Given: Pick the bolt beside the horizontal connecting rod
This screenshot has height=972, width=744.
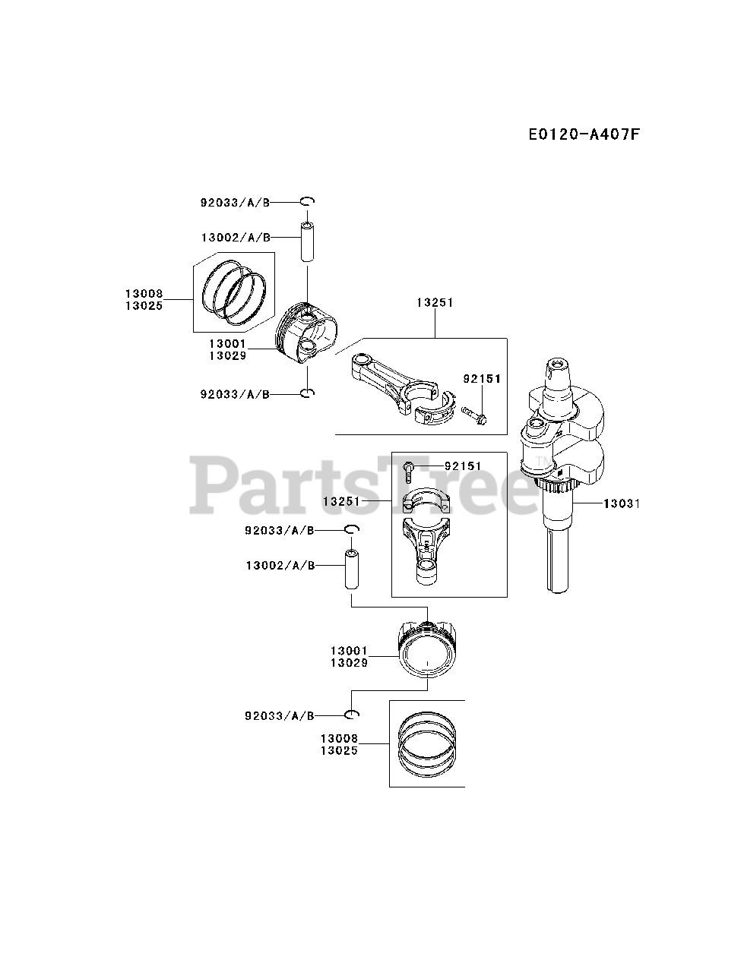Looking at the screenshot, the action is click(474, 415).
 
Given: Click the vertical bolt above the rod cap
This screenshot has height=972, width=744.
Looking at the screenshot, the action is click(409, 471).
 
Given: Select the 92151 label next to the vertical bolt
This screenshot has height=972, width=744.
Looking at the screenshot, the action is click(464, 465).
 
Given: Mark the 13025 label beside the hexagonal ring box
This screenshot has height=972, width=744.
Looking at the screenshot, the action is click(144, 306).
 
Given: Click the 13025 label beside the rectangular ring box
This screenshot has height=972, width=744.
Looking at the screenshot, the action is click(339, 750).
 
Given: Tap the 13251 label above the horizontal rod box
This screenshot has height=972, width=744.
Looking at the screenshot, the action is click(435, 302).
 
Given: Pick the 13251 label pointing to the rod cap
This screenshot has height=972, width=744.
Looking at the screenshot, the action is click(340, 502).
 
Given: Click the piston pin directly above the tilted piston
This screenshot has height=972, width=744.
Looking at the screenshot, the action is click(307, 241).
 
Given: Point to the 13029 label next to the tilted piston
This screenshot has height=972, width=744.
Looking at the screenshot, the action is click(227, 355).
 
